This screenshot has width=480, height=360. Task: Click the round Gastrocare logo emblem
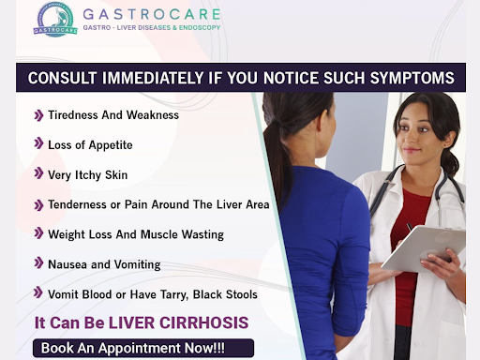(x=55, y=20)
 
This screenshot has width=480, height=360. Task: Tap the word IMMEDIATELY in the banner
(x=153, y=78)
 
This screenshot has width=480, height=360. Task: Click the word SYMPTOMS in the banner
(x=412, y=78)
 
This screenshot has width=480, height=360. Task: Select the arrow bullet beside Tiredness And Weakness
(x=38, y=115)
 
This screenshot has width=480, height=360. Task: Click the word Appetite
(x=111, y=145)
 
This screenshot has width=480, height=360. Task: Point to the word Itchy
(x=88, y=175)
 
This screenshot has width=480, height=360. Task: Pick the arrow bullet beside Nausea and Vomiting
(x=38, y=263)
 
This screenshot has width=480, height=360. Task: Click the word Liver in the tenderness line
(x=229, y=204)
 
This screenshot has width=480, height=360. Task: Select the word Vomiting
(x=137, y=265)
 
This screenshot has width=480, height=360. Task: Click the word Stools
(x=242, y=294)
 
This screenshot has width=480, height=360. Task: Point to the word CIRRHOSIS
(x=203, y=322)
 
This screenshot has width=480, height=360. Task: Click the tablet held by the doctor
(x=424, y=247)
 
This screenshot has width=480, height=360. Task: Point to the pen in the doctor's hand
(x=410, y=227)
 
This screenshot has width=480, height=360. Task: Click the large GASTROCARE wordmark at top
(x=152, y=14)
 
